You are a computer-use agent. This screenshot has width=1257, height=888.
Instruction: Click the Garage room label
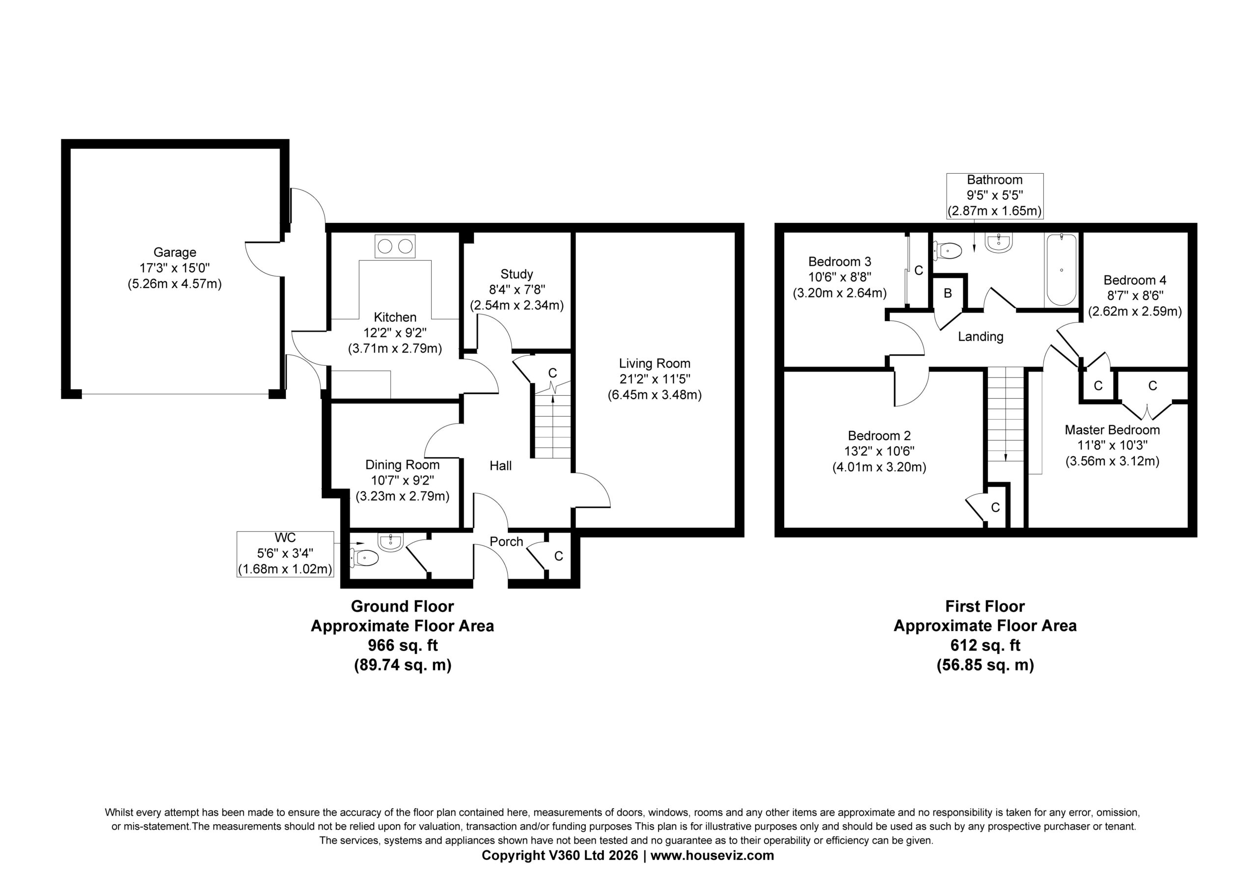175,252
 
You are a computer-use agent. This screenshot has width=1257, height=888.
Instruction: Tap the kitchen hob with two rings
395,246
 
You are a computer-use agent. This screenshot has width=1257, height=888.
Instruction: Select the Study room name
516,274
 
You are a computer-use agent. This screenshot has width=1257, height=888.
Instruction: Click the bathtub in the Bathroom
1062,269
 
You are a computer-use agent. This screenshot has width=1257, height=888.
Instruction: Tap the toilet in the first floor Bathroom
948,251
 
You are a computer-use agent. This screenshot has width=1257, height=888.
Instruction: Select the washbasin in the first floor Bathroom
999,242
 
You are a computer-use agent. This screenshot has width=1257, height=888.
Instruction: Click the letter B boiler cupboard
948,293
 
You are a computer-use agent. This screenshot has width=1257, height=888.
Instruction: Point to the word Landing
981,336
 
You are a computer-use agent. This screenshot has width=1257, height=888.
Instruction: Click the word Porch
506,541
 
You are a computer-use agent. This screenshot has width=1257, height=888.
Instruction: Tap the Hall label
500,465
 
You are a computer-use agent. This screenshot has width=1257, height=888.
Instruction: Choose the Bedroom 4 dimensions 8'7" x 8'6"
1134,296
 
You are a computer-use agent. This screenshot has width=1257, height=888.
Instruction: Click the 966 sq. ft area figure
403,646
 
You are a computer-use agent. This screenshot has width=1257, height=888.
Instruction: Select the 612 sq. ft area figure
985,646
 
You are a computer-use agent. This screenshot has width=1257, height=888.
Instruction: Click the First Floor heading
985,606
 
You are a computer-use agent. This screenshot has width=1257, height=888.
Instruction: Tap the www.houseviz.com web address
712,856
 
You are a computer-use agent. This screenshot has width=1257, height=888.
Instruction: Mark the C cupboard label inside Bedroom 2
995,508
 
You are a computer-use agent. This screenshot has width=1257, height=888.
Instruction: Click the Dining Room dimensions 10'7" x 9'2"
403,481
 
